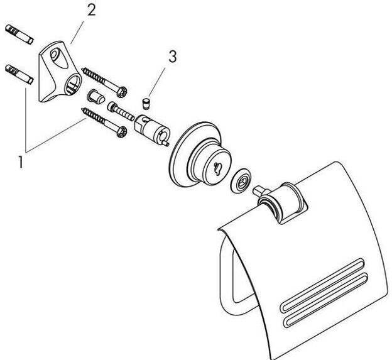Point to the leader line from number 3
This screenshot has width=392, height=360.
(160, 80)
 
